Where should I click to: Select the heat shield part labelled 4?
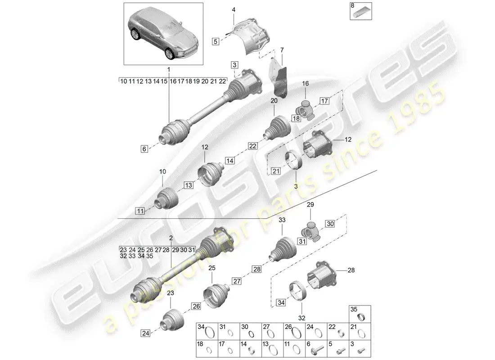(x=252, y=36)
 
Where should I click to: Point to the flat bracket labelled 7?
(x=277, y=79)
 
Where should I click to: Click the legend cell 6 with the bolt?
(x=316, y=349)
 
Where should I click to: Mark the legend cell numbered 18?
(x=207, y=349)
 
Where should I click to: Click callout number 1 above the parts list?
(x=169, y=70)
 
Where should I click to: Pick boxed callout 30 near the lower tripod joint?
(x=330, y=224)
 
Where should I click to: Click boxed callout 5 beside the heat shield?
(x=216, y=41)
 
